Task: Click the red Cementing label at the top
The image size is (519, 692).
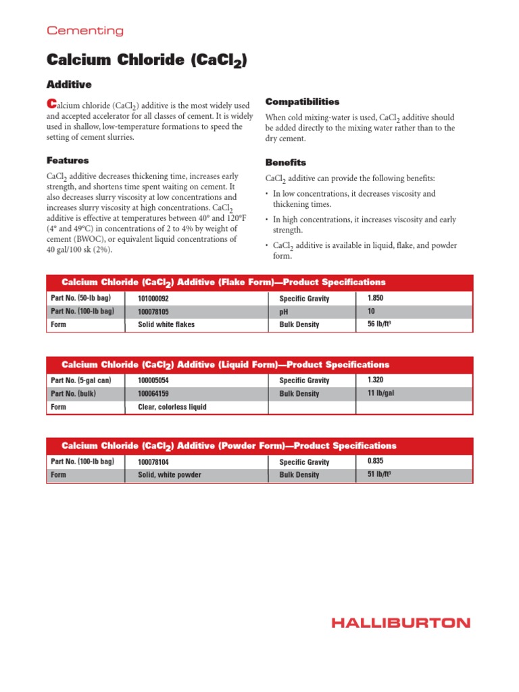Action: pos(84,30)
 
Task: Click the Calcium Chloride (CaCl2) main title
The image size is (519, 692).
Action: pos(147,60)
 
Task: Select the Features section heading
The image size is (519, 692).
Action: pos(68,161)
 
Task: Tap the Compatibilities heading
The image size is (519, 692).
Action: pos(302,101)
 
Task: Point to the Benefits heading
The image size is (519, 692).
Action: pos(285,163)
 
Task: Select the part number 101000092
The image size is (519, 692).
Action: pos(153,298)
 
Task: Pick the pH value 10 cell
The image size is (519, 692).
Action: pos(371,312)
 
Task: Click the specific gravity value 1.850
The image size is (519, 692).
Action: pos(376,298)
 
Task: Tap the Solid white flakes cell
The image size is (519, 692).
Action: pos(166,324)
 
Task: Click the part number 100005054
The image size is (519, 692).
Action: pos(153,380)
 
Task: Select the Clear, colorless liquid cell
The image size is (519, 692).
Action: pos(172,407)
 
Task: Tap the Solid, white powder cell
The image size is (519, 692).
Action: pos(170,474)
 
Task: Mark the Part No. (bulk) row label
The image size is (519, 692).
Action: pos(74,393)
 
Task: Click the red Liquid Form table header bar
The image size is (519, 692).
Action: pos(259,364)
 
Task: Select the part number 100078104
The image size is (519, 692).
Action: pos(153,462)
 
